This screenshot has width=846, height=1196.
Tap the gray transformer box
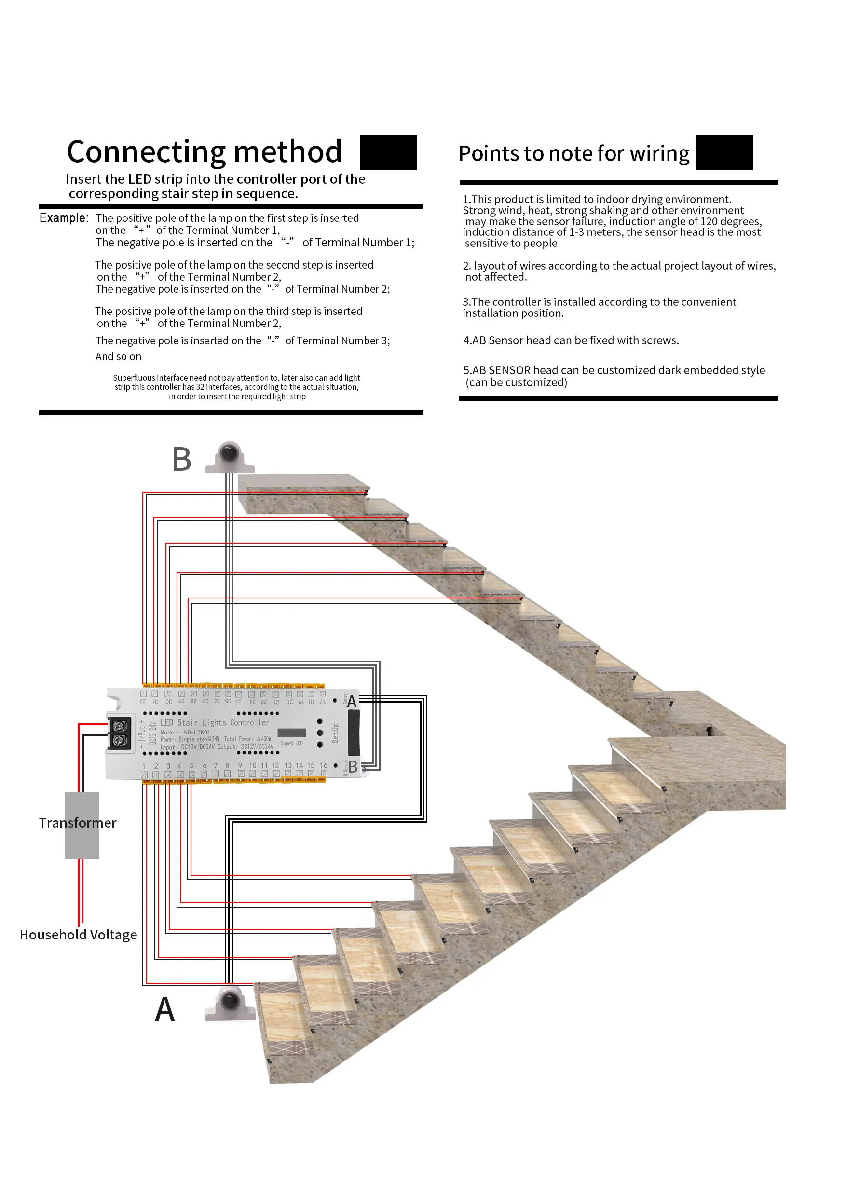[82, 825]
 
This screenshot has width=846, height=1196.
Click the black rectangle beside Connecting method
[388, 152]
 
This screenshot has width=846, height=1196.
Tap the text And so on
[118, 357]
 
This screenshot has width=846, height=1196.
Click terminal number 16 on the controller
[324, 765]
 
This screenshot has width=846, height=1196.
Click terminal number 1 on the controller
[144, 766]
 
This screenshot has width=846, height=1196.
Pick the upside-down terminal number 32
[143, 702]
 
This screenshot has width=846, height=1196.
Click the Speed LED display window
[291, 733]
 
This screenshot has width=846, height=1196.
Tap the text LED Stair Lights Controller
[215, 722]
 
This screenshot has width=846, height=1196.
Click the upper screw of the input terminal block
[120, 726]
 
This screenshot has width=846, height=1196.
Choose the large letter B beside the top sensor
[181, 460]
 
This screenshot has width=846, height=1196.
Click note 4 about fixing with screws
[571, 340]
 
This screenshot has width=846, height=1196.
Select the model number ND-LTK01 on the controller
[196, 733]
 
